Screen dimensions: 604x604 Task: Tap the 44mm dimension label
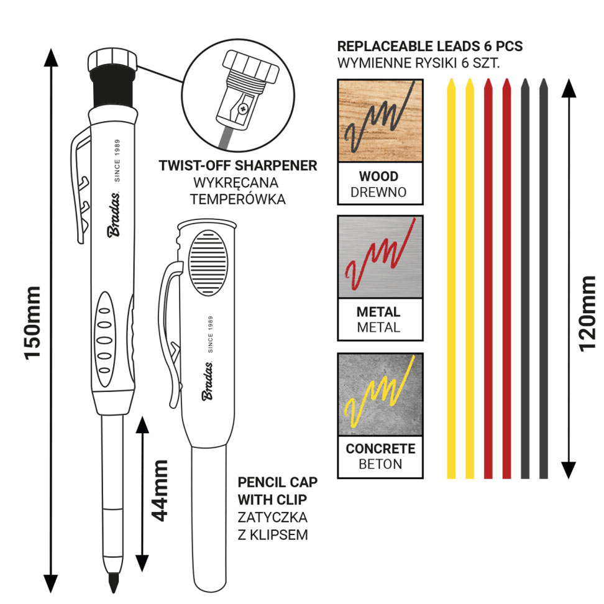click(x=160, y=490)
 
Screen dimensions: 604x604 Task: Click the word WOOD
click(x=378, y=176)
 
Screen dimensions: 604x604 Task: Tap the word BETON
click(x=380, y=464)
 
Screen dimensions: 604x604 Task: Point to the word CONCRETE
click(x=380, y=449)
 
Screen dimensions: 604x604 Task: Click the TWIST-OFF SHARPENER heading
click(x=238, y=166)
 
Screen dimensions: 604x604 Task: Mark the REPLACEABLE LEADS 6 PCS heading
click(x=429, y=47)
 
